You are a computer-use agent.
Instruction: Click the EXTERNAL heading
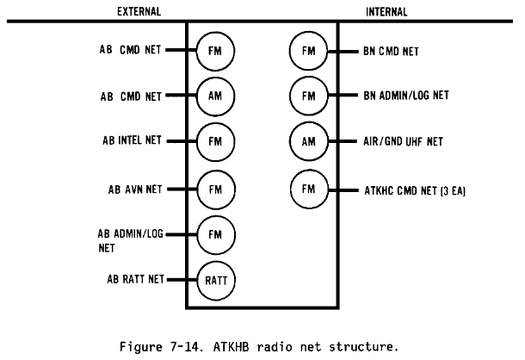pos(139,11)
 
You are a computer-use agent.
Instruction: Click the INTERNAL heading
pos(386,12)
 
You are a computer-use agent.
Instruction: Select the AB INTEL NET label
pos(132,140)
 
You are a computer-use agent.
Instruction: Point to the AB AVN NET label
pos(135,189)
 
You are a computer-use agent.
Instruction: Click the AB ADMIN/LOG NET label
pos(130,240)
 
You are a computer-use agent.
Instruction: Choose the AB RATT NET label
pos(136,279)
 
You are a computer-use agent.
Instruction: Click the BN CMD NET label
pos(391,52)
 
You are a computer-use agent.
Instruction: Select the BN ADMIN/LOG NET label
pos(406,96)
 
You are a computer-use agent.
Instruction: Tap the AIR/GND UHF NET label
pos(403,141)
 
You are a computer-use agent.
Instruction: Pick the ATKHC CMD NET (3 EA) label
pos(415,190)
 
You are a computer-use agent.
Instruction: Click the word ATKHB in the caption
pos(231,346)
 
